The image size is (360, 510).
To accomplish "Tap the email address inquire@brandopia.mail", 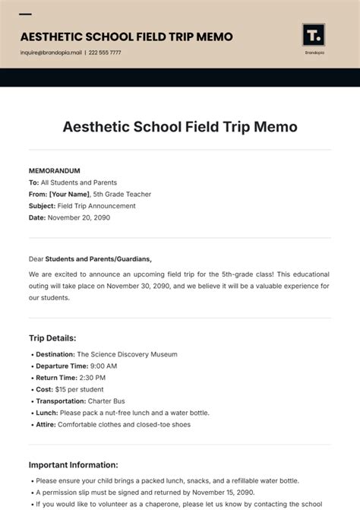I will click(x=50, y=53).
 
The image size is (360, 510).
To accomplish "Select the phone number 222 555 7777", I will click(x=106, y=53).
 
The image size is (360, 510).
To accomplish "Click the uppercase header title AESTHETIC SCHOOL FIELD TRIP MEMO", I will click(x=126, y=36).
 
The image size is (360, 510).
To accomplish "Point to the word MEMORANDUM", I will click(x=54, y=171).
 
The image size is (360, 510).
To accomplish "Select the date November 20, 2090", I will click(x=79, y=217).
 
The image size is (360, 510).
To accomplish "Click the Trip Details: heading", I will click(x=52, y=337).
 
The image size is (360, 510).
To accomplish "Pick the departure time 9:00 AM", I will click(x=103, y=366).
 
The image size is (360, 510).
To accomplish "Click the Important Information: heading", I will click(x=74, y=464).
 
